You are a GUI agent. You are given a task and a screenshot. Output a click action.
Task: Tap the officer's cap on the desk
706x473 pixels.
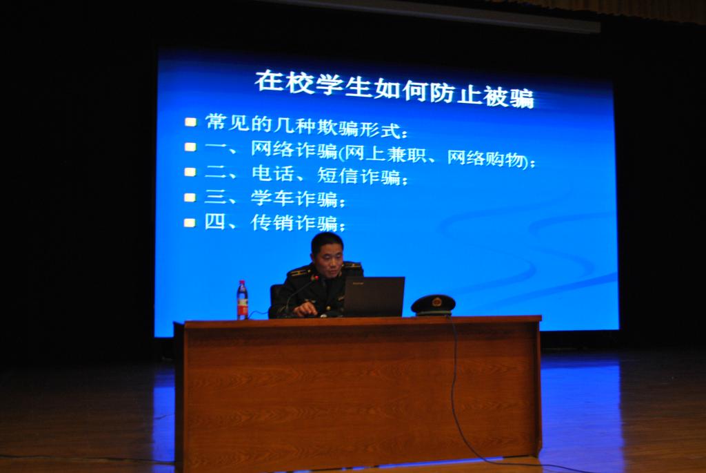click(x=433, y=305)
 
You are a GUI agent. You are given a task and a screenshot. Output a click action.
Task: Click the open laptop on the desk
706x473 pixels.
click(x=373, y=297)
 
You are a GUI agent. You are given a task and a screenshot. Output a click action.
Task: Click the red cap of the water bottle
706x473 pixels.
click(x=242, y=282)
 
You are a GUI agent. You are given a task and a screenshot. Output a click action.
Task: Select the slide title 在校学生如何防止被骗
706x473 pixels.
click(x=394, y=89)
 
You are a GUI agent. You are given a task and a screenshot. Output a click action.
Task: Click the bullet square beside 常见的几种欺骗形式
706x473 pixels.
click(x=190, y=122)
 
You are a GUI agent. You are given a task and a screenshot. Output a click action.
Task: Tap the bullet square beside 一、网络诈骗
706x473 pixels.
click(x=190, y=147)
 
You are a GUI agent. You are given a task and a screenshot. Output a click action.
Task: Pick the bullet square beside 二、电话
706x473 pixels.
click(x=190, y=172)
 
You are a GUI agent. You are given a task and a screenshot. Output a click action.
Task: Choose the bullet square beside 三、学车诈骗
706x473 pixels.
click(x=190, y=197)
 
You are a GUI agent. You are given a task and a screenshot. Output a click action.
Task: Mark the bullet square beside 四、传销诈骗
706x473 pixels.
click(x=190, y=222)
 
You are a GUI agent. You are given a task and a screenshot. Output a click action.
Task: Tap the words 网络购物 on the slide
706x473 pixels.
click(x=485, y=158)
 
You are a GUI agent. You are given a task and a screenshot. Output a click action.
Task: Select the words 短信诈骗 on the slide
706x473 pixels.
click(x=359, y=175)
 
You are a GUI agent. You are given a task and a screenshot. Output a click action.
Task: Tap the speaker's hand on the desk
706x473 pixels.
click(x=303, y=309)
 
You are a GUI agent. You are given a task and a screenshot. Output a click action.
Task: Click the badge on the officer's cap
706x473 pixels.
click(x=436, y=301)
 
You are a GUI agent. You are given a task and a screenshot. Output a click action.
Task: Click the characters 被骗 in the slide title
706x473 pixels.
click(x=509, y=97)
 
